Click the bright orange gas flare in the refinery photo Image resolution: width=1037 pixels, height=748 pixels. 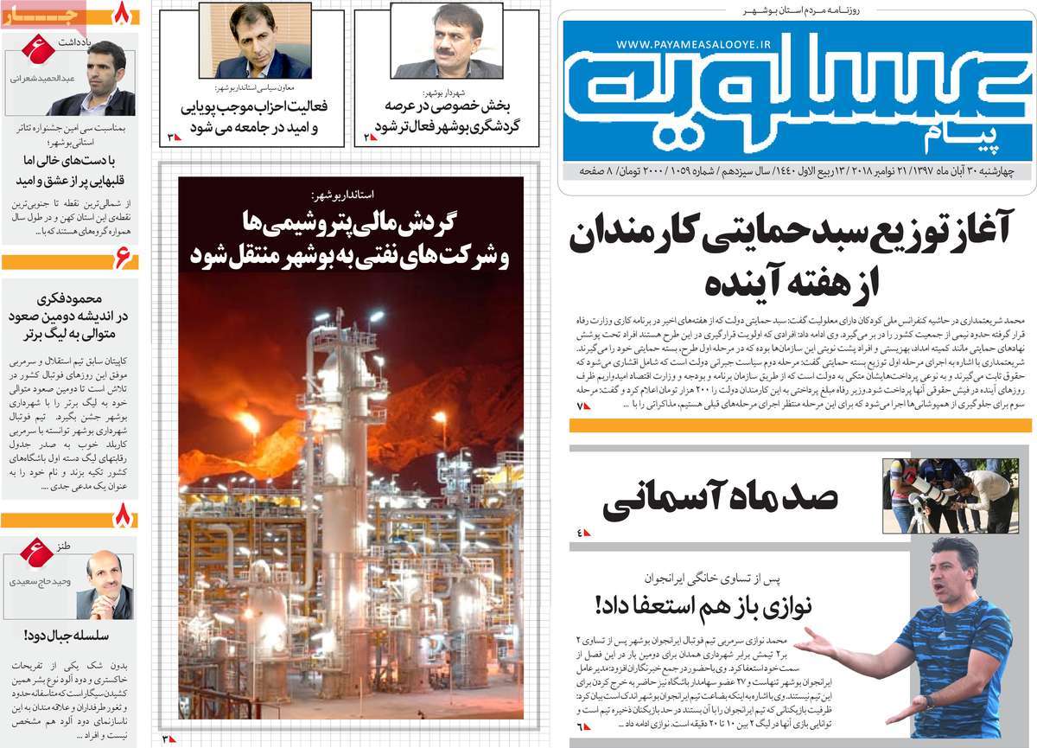[251, 424]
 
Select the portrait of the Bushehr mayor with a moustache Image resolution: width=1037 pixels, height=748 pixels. [447, 42]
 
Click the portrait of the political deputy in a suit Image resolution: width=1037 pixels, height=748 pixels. [255, 42]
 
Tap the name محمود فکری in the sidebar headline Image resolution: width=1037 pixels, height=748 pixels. [69, 298]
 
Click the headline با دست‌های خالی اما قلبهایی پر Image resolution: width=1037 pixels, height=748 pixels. [69, 171]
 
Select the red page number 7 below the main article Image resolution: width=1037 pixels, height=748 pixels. [582, 405]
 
